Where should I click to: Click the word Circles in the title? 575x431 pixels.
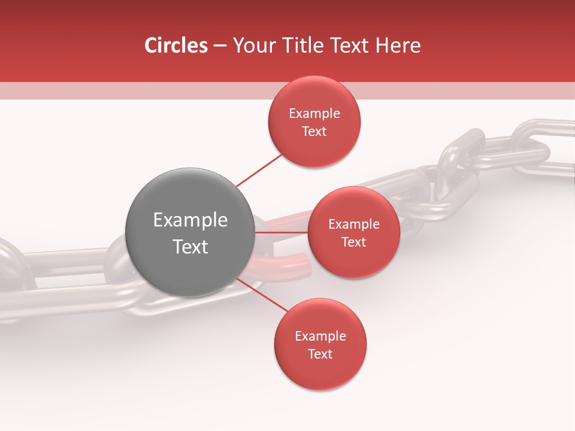(175, 45)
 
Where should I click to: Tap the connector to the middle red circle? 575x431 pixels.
(282, 232)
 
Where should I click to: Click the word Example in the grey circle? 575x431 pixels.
(190, 220)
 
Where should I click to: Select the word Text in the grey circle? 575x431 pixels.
(190, 247)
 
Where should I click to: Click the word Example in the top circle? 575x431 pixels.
(314, 114)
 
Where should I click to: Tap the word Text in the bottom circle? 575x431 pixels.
(320, 354)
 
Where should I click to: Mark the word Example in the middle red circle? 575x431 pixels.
(353, 224)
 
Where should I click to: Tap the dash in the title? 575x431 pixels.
(220, 45)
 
